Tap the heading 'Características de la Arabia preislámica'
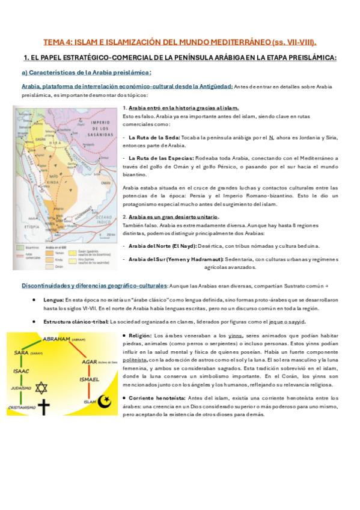(x=81, y=72)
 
